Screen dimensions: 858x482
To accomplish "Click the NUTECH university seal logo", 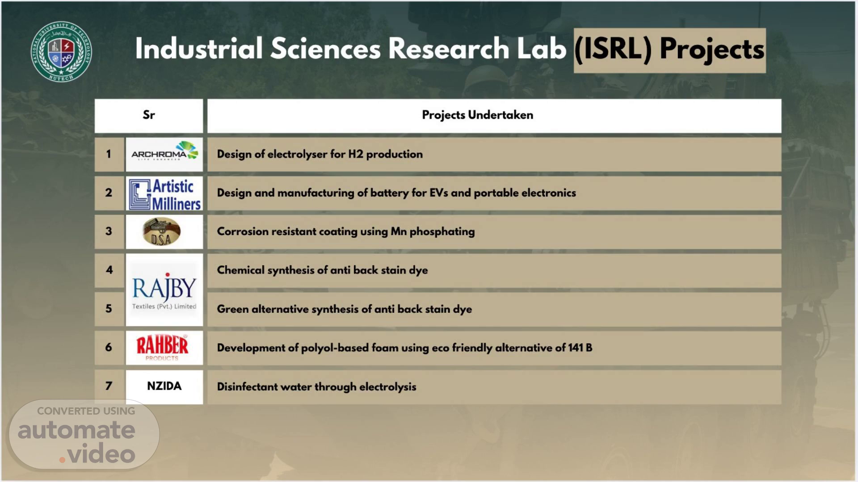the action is (x=61, y=51).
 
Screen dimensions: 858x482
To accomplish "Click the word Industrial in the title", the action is (x=199, y=48).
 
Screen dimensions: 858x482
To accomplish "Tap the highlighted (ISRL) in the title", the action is (x=613, y=49).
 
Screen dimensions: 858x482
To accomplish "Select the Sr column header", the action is (x=149, y=115).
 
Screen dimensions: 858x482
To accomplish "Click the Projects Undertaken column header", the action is (x=477, y=115).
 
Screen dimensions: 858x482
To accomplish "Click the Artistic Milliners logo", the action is (x=164, y=194).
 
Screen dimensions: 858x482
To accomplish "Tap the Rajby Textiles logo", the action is (x=164, y=290).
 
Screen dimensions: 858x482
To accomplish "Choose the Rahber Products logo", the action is (x=162, y=348).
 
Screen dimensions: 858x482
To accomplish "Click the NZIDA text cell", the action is (x=164, y=386).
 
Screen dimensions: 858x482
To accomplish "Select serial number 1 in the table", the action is (x=109, y=154).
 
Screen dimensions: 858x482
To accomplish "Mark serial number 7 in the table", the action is (x=109, y=386).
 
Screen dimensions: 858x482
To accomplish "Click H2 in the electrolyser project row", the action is (x=356, y=154).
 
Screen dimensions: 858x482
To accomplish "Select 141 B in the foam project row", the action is (x=580, y=348).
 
